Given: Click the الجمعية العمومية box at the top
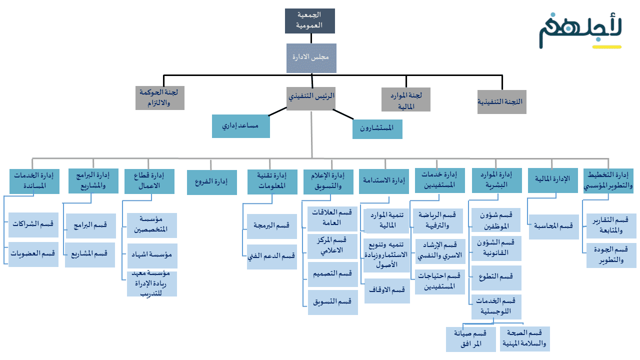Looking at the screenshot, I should click(310, 21).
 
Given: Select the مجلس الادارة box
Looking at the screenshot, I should click(311, 58).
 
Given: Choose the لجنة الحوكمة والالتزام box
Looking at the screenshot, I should click(160, 98).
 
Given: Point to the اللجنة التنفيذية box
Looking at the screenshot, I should click(501, 101).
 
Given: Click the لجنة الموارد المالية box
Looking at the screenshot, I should click(406, 99).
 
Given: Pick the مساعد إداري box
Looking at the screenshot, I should click(241, 126).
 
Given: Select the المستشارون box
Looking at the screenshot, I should click(377, 128).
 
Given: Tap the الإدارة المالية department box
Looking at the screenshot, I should click(552, 180).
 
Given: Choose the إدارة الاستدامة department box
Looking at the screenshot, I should click(384, 181).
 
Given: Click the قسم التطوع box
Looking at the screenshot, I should click(496, 277).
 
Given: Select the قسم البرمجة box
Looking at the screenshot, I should click(272, 226).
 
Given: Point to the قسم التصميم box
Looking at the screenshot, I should click(332, 274).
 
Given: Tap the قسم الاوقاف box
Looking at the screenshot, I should click(387, 290).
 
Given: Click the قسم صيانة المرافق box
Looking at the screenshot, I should click(471, 339).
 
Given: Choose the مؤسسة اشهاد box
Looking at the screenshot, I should click(152, 255).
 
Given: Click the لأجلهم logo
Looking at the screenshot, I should click(580, 31).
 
